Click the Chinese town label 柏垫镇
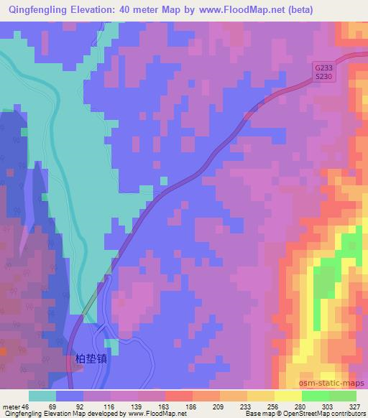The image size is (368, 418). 91,357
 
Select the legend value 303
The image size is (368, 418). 327,406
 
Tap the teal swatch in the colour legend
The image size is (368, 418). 42,396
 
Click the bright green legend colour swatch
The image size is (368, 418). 314,396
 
